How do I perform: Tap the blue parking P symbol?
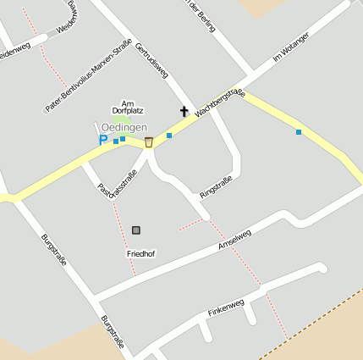click(x=103, y=141)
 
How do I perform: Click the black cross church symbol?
click(x=183, y=111)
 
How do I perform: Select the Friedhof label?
click(x=140, y=253)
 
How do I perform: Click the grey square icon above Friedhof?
click(x=136, y=230)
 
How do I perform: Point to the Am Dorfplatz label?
click(x=129, y=107)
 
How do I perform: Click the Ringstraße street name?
click(x=216, y=187)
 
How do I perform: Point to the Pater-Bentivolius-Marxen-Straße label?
click(x=88, y=76)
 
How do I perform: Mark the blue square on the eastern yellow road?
click(x=299, y=132)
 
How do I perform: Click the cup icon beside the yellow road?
click(x=149, y=141)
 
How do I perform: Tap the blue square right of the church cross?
click(x=169, y=136)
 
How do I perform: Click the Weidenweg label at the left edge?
click(x=14, y=49)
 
